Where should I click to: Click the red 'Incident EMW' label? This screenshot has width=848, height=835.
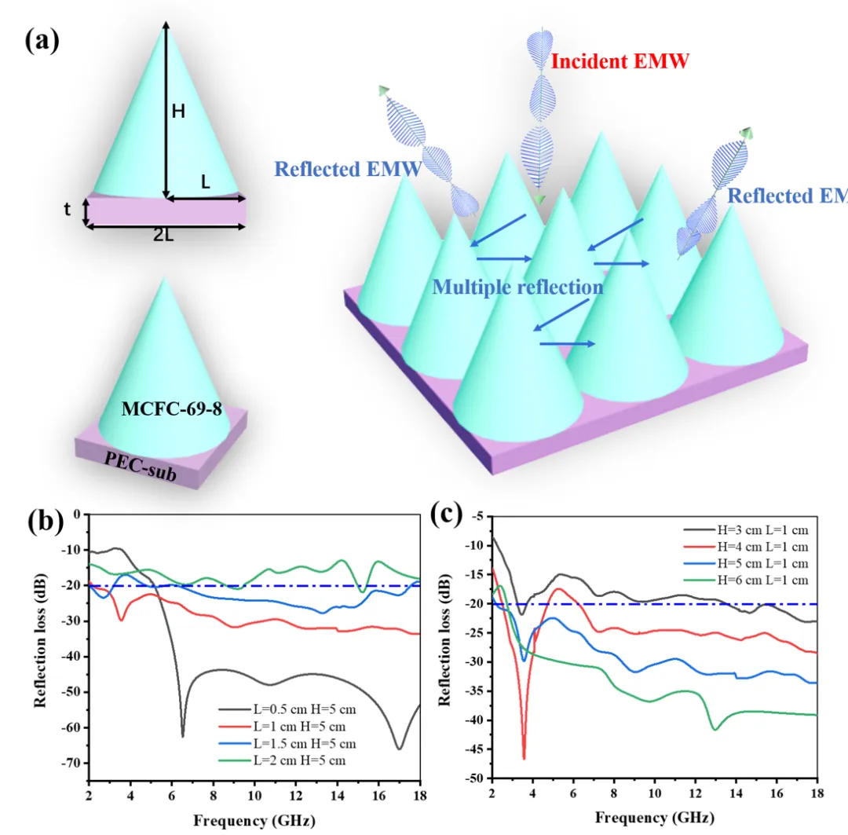pos(620,60)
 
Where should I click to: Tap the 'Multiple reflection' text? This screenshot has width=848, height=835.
pos(517,287)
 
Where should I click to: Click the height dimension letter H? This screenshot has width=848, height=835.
pos(178,112)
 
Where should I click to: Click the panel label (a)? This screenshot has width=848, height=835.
pos(42,40)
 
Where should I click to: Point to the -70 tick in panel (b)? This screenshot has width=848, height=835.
pos(70,763)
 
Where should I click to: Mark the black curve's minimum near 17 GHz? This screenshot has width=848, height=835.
pos(399,749)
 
